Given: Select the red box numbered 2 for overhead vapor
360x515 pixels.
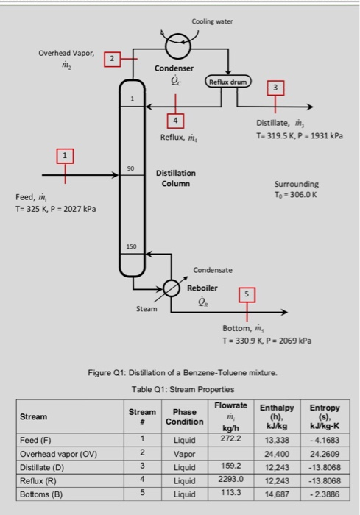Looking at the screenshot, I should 112,58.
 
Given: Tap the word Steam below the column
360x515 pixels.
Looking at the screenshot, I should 147,308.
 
